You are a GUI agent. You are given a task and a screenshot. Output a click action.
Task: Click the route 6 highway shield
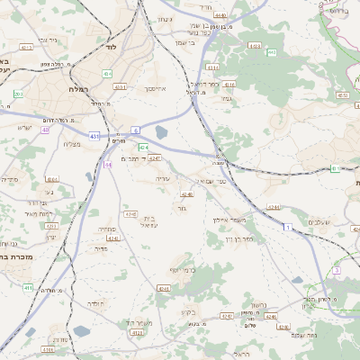134,130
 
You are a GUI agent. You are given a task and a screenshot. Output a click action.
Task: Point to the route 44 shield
108,165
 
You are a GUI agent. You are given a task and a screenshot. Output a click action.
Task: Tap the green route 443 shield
271,52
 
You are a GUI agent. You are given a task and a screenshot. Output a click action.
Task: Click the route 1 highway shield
287,229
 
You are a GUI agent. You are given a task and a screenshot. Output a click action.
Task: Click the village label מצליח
73,144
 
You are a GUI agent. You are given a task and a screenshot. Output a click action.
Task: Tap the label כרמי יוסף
183,269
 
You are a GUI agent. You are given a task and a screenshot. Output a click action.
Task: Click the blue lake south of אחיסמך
162,132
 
